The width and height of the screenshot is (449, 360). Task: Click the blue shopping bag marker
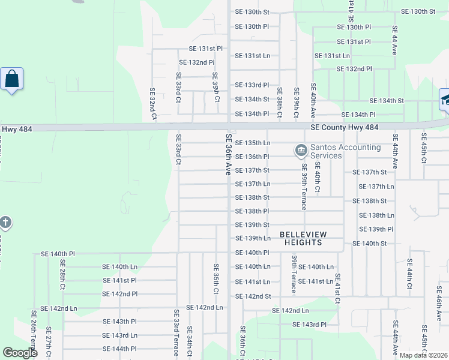tap(11, 79)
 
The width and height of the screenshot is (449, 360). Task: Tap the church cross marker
tap(5, 224)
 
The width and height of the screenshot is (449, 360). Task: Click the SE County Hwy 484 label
tap(345, 127)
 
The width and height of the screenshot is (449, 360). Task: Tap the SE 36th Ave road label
tap(228, 154)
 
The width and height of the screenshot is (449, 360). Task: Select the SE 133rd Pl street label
tap(252, 85)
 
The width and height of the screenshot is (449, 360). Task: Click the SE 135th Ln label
tap(252, 143)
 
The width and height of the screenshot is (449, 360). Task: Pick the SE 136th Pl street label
tap(252, 157)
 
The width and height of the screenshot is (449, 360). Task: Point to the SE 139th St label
tap(252, 225)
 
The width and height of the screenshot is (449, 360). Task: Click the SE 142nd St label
tap(253, 296)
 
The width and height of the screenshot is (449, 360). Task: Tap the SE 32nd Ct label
tap(152, 103)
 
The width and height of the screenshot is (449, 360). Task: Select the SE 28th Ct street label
tap(62, 279)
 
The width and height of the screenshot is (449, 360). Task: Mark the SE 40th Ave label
tap(312, 100)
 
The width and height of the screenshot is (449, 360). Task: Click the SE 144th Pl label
tap(120, 349)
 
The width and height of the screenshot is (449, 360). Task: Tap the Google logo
tap(20, 353)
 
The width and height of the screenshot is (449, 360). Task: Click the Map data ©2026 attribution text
tap(423, 355)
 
